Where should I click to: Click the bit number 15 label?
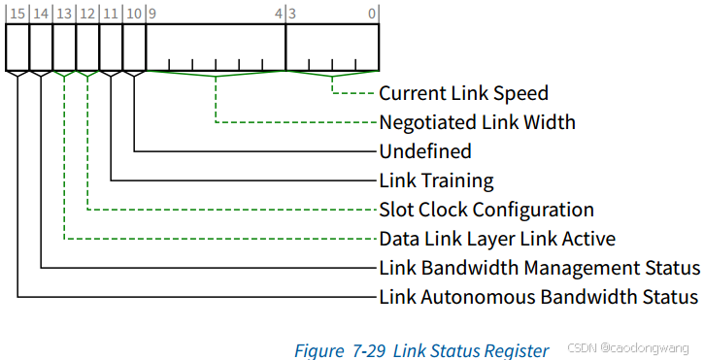17,14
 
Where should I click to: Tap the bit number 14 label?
41,14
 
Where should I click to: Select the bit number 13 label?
64,14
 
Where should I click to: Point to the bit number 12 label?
87,14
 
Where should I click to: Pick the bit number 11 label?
110,14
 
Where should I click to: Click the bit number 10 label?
134,14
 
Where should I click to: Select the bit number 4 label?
279,14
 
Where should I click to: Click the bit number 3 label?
291,14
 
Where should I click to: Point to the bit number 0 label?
373,14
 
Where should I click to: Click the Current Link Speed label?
463,94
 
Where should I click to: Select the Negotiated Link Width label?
477,122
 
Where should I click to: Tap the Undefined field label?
424,151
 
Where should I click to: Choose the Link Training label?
436,180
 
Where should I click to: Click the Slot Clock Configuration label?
486,210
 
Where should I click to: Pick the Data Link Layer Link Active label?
496,239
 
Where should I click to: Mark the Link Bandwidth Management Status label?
539,268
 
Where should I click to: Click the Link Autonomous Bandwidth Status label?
538,296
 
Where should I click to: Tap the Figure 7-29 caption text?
421,349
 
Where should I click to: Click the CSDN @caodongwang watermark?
626,348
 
